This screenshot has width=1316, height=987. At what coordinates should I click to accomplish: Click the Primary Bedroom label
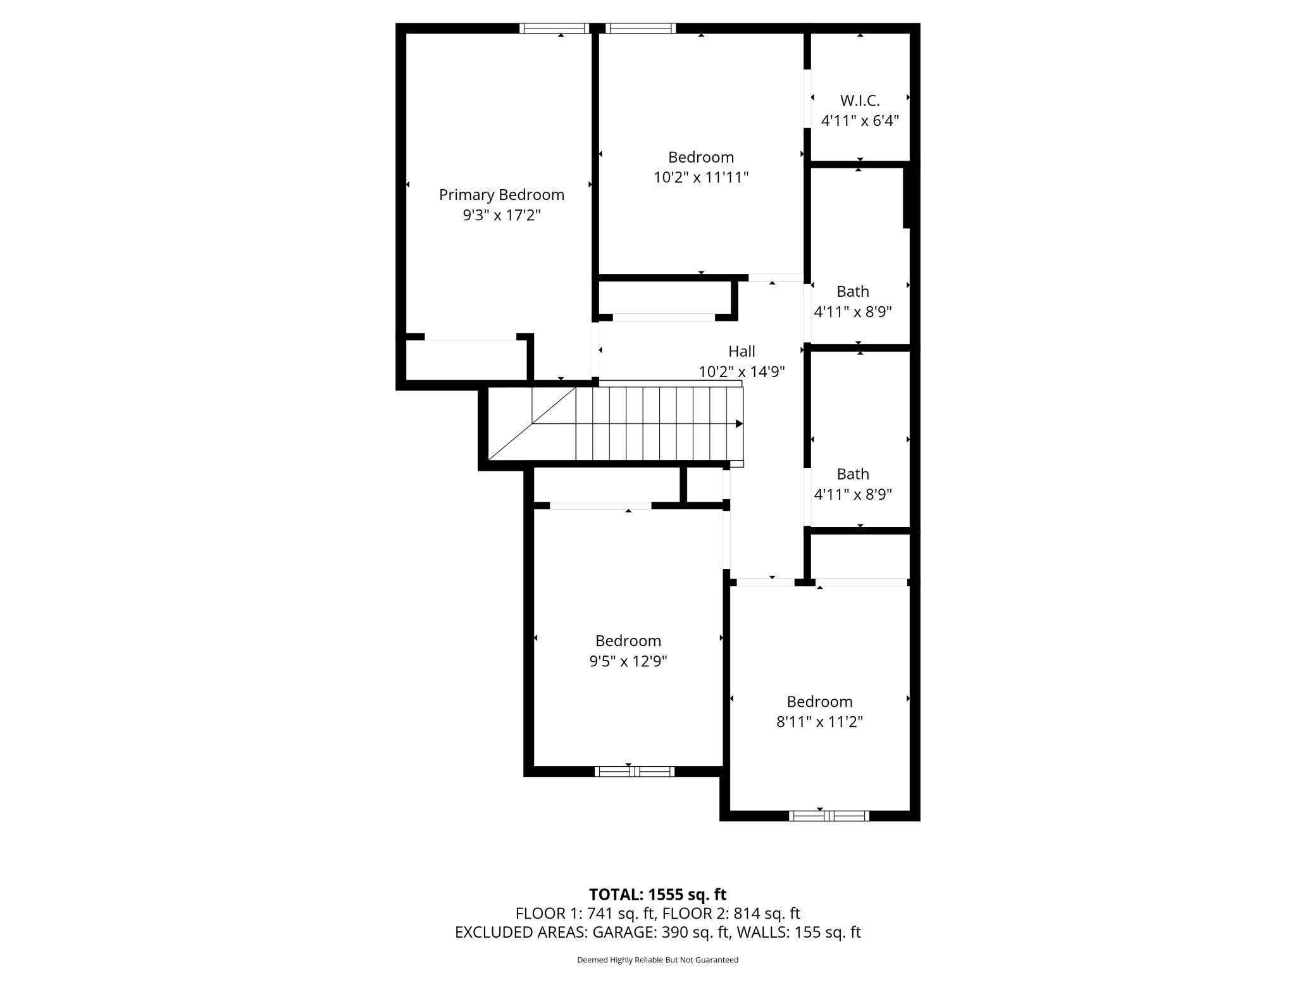pyautogui.click(x=501, y=195)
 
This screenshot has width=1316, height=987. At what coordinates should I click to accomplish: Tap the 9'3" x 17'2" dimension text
pyautogui.click(x=501, y=215)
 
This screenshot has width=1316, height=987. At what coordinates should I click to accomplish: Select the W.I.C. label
pyautogui.click(x=859, y=101)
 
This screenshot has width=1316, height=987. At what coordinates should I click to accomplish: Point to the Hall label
pyautogui.click(x=742, y=351)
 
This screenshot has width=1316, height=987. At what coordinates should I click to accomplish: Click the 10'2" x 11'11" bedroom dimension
pyautogui.click(x=700, y=177)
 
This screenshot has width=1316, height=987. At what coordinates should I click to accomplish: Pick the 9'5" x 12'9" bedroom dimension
pyautogui.click(x=628, y=661)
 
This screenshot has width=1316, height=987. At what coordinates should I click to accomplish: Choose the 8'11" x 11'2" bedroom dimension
pyautogui.click(x=819, y=722)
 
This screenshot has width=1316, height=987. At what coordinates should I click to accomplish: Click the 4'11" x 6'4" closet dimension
pyautogui.click(x=859, y=120)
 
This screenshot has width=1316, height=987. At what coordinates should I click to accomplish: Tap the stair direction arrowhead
pyautogui.click(x=739, y=423)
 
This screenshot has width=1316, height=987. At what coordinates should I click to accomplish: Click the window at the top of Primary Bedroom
pyautogui.click(x=554, y=28)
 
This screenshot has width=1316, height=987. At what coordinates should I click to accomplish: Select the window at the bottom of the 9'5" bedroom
pyautogui.click(x=634, y=771)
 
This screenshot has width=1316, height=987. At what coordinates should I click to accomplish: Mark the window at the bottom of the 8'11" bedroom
pyautogui.click(x=828, y=816)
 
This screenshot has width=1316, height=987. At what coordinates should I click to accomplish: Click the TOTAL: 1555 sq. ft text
pyautogui.click(x=657, y=895)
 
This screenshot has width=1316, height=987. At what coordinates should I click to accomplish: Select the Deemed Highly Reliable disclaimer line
pyautogui.click(x=657, y=960)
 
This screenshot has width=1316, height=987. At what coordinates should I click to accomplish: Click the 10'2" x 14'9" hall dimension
pyautogui.click(x=742, y=371)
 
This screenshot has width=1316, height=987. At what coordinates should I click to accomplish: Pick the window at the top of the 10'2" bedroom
pyautogui.click(x=640, y=28)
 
